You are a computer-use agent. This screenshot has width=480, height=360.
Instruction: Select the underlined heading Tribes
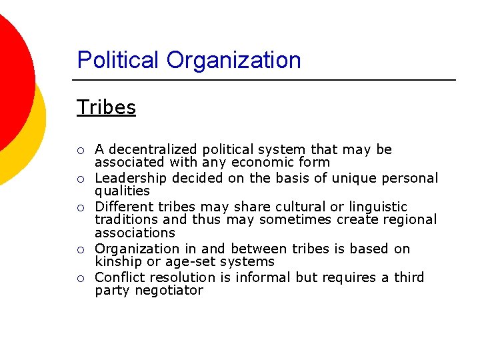(107, 107)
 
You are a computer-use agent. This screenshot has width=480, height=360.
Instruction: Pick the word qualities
(122, 191)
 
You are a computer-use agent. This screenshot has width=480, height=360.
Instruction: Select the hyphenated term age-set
(181, 261)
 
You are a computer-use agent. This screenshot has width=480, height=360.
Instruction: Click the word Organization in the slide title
(233, 60)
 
